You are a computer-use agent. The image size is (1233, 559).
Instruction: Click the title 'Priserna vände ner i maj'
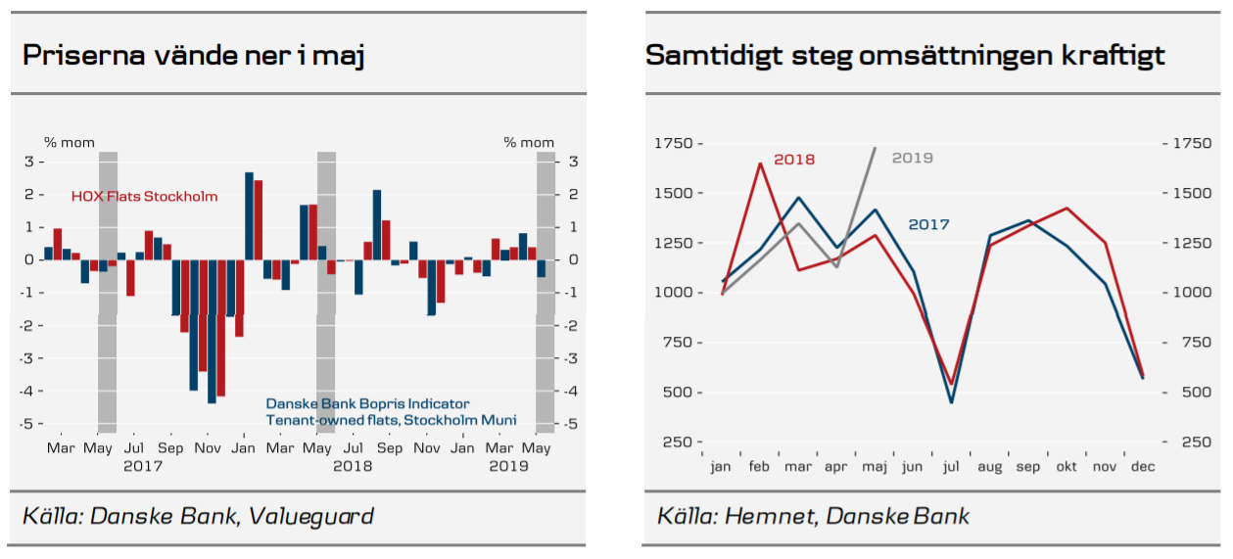194,55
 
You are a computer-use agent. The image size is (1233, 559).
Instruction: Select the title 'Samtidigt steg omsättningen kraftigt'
905,55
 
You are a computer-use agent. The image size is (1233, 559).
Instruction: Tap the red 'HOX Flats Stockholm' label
144,197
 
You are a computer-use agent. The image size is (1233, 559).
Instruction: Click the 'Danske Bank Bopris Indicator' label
367,403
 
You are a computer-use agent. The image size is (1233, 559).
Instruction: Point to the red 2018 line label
794,160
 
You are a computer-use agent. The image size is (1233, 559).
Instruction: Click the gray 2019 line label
912,158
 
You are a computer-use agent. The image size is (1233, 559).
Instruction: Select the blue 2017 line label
928,224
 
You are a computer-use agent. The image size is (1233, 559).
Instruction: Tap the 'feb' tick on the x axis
760,467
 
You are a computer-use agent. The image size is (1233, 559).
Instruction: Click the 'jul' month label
951,467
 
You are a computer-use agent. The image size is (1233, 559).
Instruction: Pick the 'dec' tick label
1142,467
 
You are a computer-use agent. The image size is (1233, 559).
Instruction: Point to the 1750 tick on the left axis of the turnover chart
672,144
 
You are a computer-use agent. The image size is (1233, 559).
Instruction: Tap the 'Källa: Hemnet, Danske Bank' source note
813,516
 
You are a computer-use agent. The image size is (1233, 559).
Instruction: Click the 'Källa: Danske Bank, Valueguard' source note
198,516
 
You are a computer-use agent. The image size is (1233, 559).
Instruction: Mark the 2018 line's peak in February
760,163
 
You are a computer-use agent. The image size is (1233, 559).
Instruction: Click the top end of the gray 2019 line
875,148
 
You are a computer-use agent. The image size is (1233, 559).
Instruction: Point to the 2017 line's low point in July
951,402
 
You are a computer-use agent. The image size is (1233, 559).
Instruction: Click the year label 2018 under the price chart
353,466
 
